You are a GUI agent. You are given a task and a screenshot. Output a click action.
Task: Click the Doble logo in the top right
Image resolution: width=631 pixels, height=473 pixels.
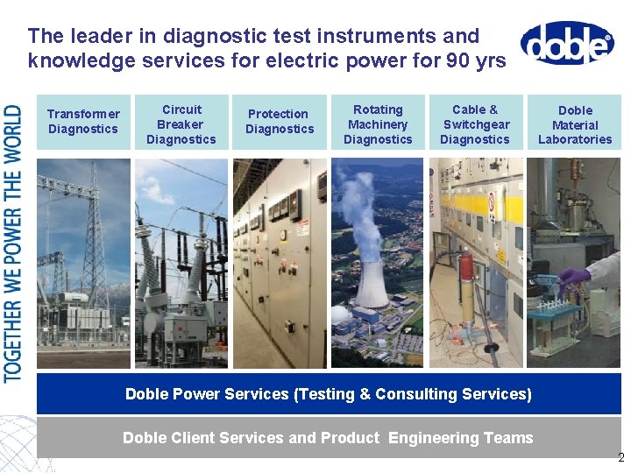[x=567, y=43]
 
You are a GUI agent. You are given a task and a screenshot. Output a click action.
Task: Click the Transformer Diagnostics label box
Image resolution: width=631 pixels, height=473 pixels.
[x=83, y=122]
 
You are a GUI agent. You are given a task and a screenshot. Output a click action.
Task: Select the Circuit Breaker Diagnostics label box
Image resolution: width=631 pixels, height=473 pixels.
[x=181, y=124]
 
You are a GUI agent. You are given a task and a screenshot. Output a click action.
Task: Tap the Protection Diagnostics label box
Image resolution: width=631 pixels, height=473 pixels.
[x=280, y=122]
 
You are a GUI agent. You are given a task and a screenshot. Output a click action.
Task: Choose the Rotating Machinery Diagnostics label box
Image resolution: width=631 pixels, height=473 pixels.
[x=378, y=124]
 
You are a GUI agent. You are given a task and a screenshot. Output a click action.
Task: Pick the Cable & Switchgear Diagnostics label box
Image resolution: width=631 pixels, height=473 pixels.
[x=475, y=124]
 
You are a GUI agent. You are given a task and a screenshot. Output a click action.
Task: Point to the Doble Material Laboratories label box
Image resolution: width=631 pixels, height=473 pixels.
[x=575, y=124]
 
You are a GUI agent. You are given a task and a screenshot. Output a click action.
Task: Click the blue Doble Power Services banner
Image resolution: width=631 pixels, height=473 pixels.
[x=329, y=394]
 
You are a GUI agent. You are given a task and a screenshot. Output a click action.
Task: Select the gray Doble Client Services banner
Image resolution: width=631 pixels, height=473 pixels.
[x=329, y=437]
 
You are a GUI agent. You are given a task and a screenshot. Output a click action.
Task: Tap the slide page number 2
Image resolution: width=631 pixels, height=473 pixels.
[x=620, y=457]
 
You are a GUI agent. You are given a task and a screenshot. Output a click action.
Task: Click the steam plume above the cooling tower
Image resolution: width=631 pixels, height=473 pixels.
[x=368, y=210]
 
